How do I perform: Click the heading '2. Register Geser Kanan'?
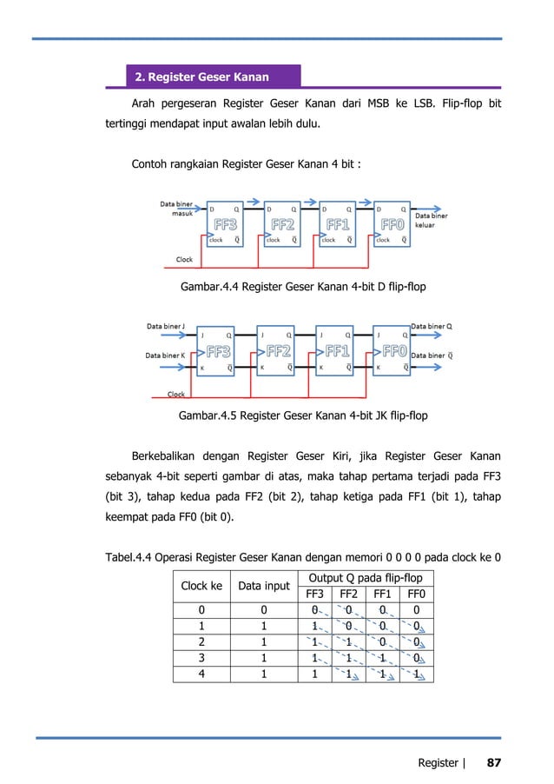[201, 77]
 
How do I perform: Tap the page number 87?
[493, 762]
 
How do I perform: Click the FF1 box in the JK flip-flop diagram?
[338, 351]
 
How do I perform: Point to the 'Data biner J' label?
[165, 328]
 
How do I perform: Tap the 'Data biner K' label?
[166, 355]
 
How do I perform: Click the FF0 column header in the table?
[417, 594]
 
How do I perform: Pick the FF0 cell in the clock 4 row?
[417, 674]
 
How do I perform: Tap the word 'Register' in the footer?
[438, 762]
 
